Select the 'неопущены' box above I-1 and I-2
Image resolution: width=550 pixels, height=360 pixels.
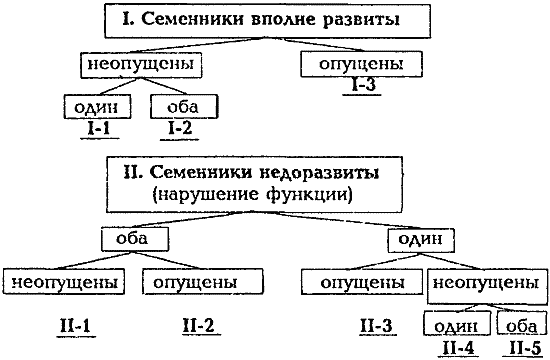136,65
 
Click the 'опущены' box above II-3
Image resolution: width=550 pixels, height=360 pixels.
362,283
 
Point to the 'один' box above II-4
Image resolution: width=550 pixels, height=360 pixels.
455,324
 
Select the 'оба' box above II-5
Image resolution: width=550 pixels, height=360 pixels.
518,324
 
